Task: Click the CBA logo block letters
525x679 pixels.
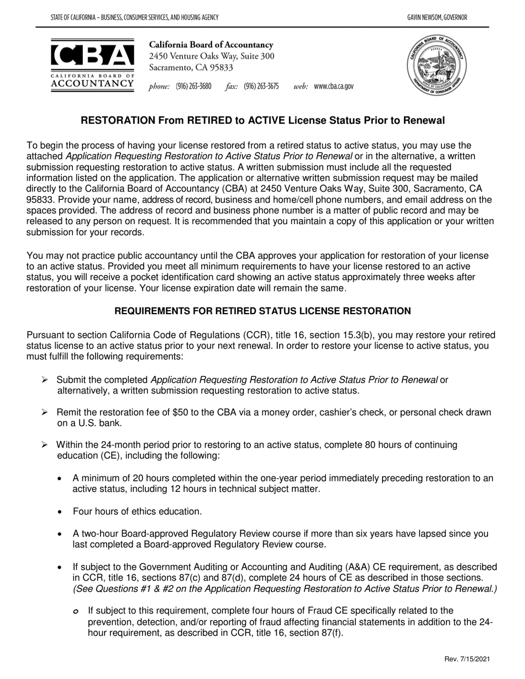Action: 92,55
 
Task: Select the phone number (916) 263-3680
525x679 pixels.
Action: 193,87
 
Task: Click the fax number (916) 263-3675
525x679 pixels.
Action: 261,87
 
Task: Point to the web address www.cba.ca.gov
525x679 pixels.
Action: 333,87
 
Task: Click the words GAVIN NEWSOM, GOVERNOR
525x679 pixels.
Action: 437,18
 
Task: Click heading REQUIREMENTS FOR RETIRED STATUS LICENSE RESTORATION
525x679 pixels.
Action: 262,311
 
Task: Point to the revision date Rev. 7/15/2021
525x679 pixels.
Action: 466,659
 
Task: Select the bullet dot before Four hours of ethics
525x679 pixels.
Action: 60,512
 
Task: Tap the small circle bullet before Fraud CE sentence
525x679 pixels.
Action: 76,611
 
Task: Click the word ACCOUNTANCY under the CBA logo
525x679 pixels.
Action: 92,83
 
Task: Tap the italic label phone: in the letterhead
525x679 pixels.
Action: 159,87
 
